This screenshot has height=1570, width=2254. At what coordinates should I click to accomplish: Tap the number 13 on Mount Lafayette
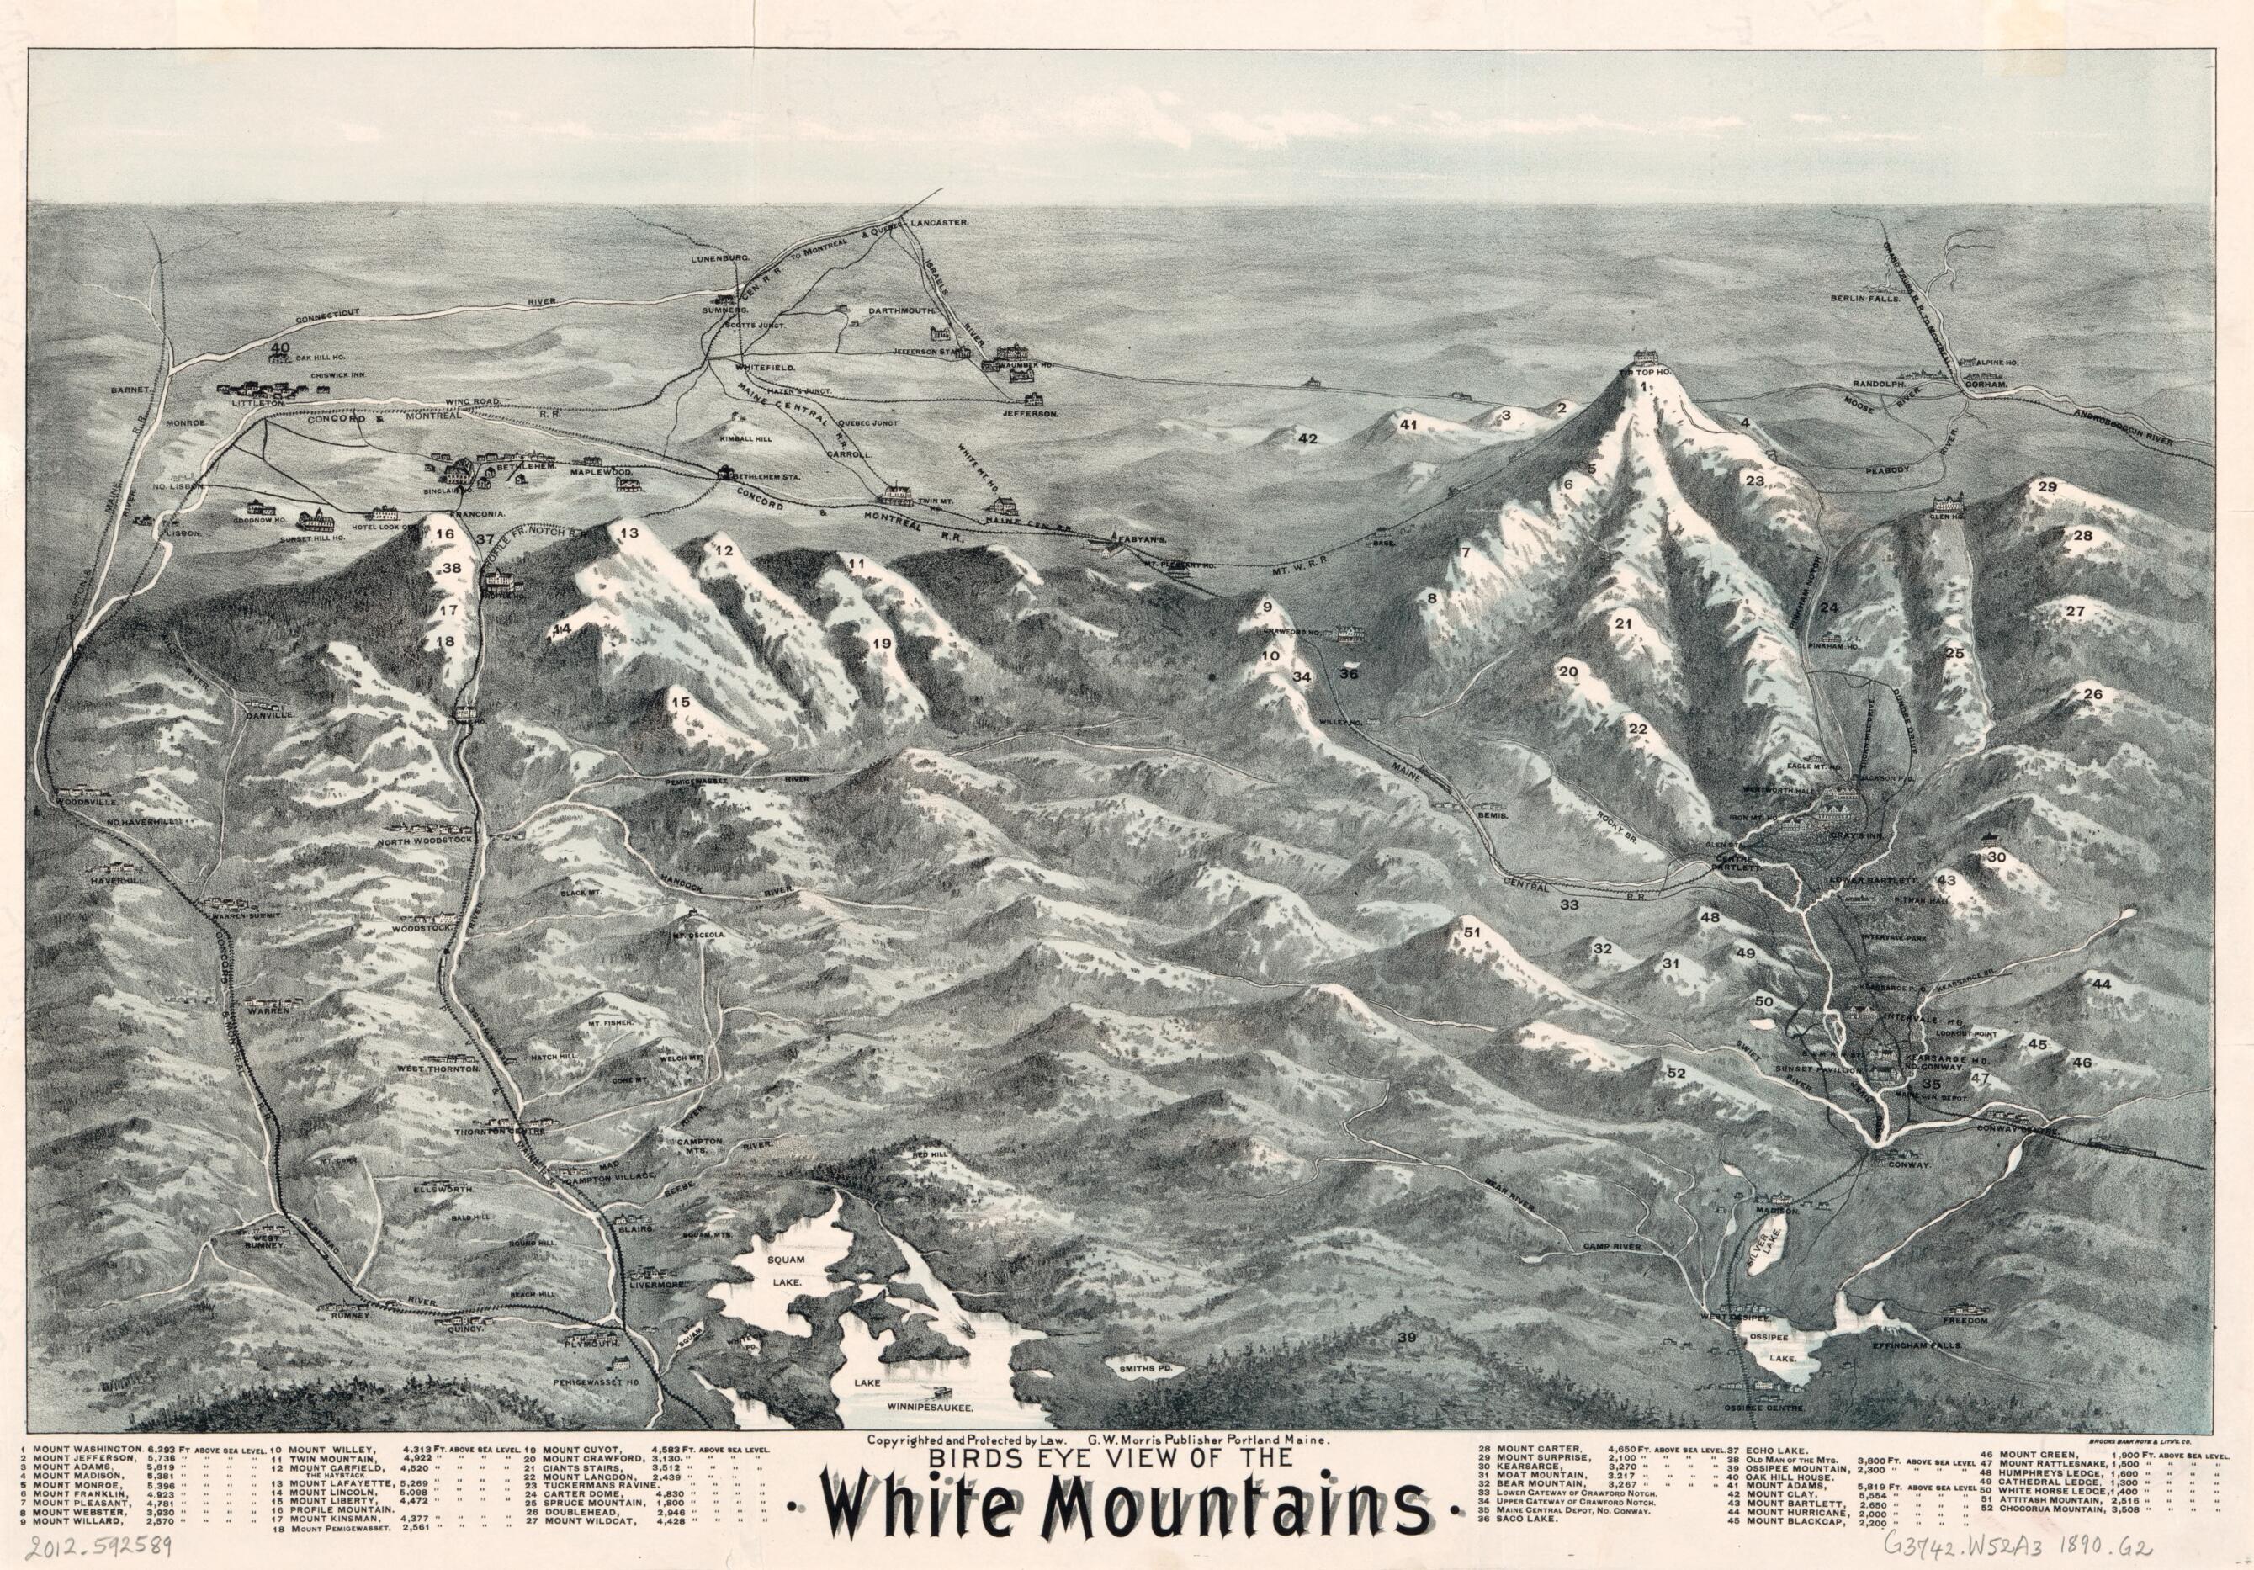[628, 533]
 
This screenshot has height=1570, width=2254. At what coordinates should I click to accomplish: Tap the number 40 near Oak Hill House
[281, 348]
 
